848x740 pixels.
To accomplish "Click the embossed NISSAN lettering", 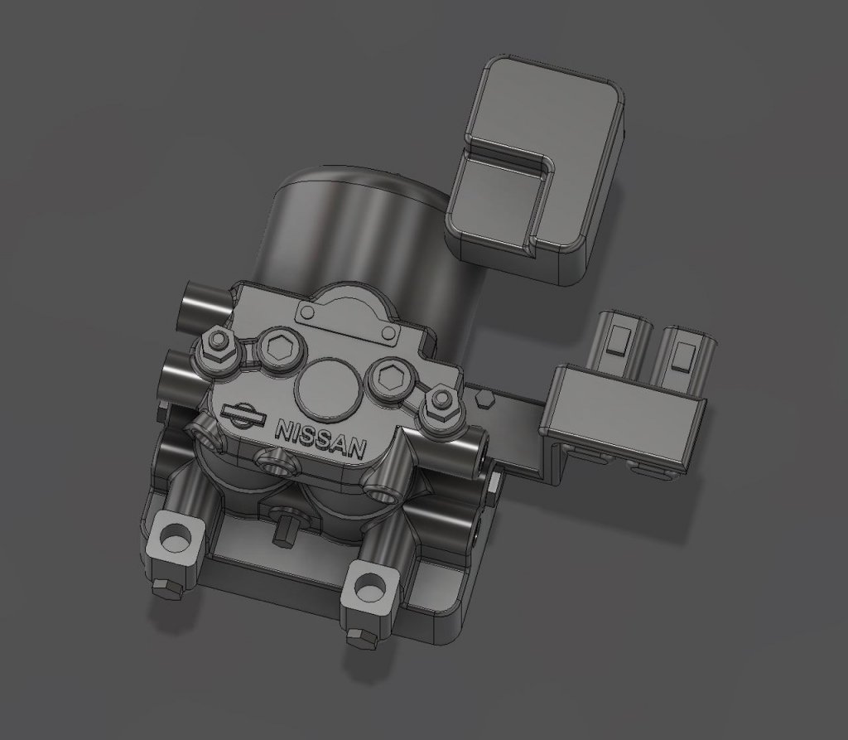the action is click(320, 438).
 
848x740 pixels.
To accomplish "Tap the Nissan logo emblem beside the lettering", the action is click(243, 416).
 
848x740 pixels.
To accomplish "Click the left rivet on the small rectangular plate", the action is click(308, 312).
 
